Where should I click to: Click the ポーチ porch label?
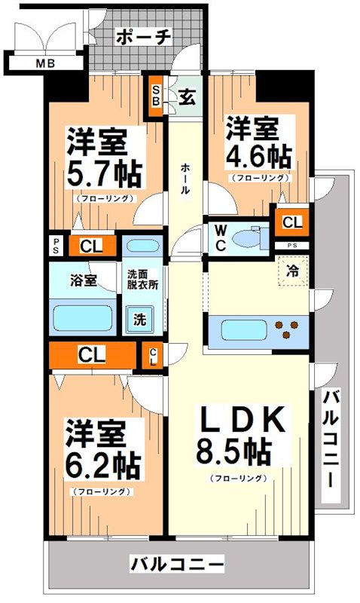pyautogui.click(x=144, y=36)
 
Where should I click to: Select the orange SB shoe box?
pyautogui.click(x=156, y=96)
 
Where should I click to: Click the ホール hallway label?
pyautogui.click(x=185, y=180)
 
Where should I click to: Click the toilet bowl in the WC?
pyautogui.click(x=248, y=239)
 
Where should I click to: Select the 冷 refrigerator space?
pyautogui.click(x=291, y=270)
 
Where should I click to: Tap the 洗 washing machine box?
pyautogui.click(x=140, y=318)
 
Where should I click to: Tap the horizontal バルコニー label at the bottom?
pyautogui.click(x=177, y=563)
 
